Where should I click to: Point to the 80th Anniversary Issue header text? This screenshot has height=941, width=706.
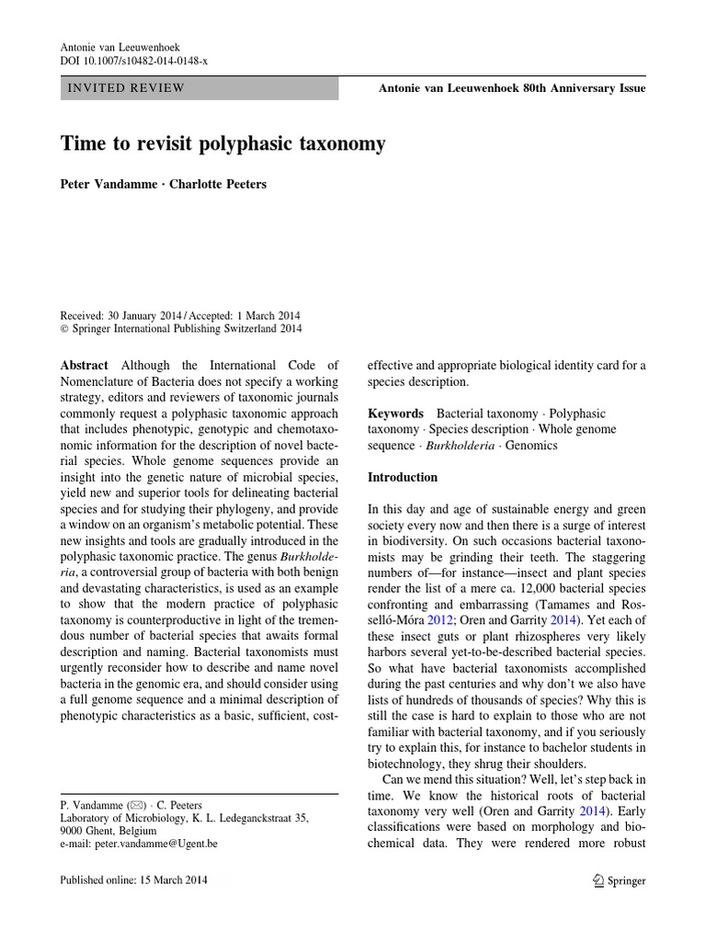tap(512, 88)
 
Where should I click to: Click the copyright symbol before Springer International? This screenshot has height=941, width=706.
tap(64, 328)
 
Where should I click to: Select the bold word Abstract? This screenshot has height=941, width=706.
tap(85, 365)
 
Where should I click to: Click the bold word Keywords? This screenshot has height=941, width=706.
tap(395, 414)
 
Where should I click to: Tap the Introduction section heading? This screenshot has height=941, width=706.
tap(403, 478)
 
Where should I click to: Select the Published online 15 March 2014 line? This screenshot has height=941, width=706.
tap(134, 879)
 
